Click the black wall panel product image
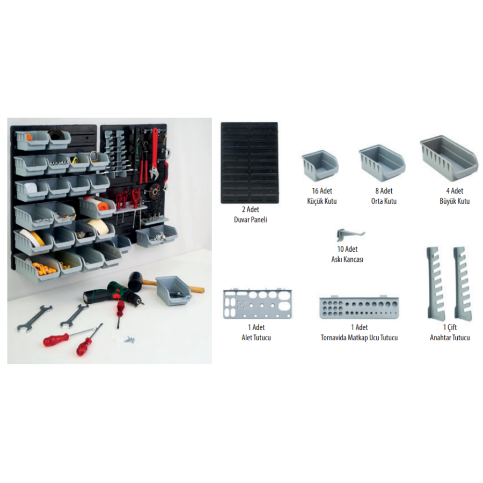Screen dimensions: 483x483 [250, 163]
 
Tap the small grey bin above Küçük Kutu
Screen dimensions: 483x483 [320, 166]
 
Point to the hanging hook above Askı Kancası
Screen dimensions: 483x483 [349, 235]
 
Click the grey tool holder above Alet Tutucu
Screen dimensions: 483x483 [257, 304]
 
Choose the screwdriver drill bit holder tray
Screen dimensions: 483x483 [359, 307]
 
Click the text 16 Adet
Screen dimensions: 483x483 [322, 191]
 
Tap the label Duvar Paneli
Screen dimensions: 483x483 [251, 219]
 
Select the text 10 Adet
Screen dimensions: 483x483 [347, 249]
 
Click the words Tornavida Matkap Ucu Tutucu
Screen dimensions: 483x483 [359, 338]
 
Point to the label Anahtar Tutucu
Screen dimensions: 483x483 [450, 338]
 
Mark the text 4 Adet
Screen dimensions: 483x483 [455, 191]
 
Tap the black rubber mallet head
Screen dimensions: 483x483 [135, 281]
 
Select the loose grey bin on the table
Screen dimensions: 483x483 [173, 290]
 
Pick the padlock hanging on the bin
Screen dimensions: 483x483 [94, 157]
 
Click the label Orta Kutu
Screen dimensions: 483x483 [384, 201]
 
